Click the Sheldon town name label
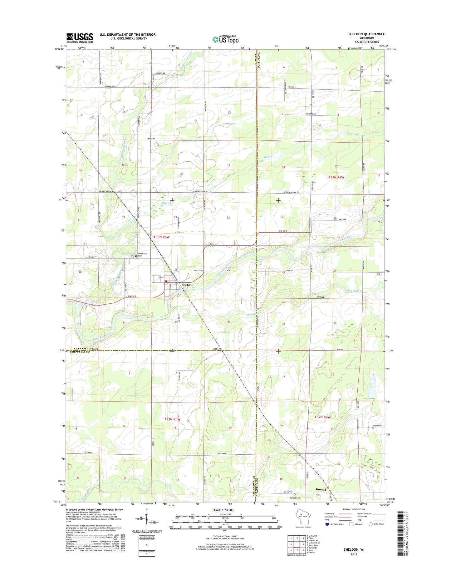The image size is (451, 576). tap(187, 285)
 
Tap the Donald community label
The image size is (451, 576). tap(321, 489)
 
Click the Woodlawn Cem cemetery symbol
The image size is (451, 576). tap(135, 256)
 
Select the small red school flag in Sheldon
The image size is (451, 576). tap(166, 281)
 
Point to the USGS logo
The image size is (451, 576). tap(80, 38)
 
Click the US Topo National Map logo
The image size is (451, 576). tap(225, 39)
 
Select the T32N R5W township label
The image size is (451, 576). tap(172, 419)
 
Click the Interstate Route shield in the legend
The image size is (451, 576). tap(327, 524)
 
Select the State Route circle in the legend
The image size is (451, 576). tap(370, 524)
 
